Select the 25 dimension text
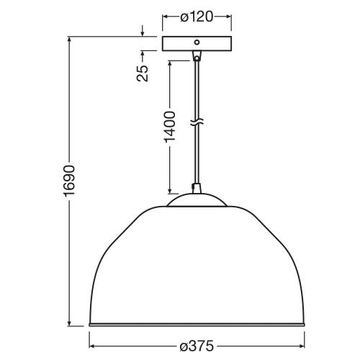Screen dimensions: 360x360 (x=143, y=72)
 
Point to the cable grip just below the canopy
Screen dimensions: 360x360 (x=196, y=57)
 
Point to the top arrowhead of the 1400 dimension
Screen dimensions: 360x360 (x=170, y=62)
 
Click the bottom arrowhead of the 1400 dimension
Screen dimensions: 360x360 (x=170, y=191)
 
